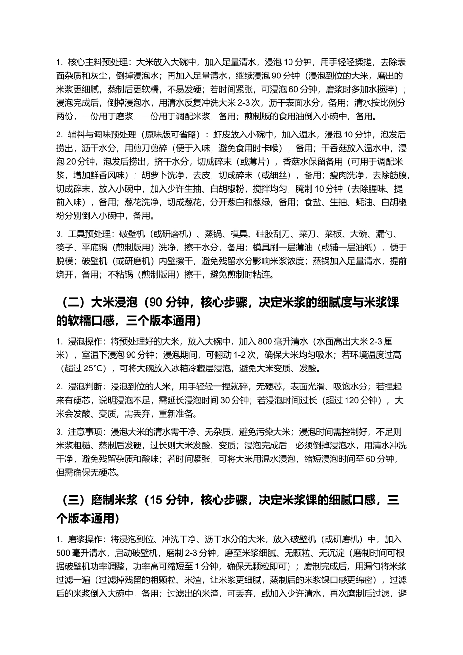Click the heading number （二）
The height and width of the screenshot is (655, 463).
[x=73, y=303]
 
